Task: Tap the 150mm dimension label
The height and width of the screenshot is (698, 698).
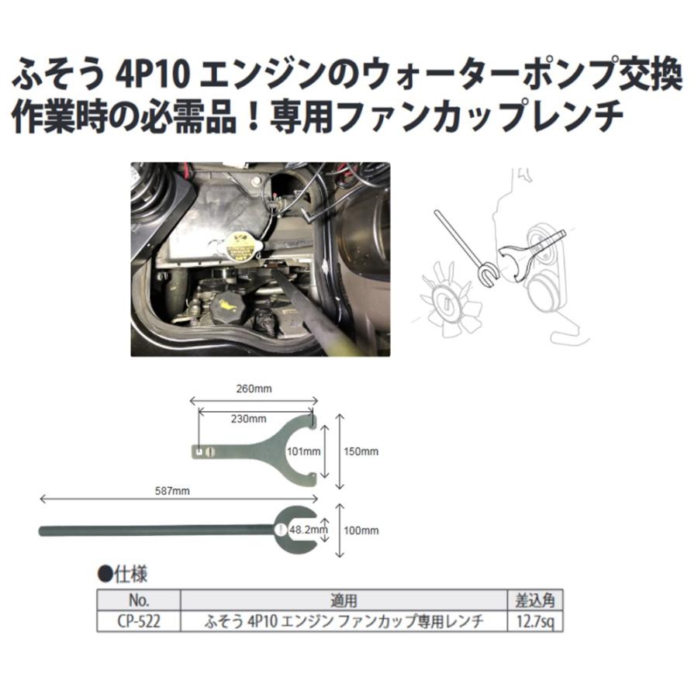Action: click(x=362, y=451)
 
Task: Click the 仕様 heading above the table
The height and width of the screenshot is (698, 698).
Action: click(x=128, y=575)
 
